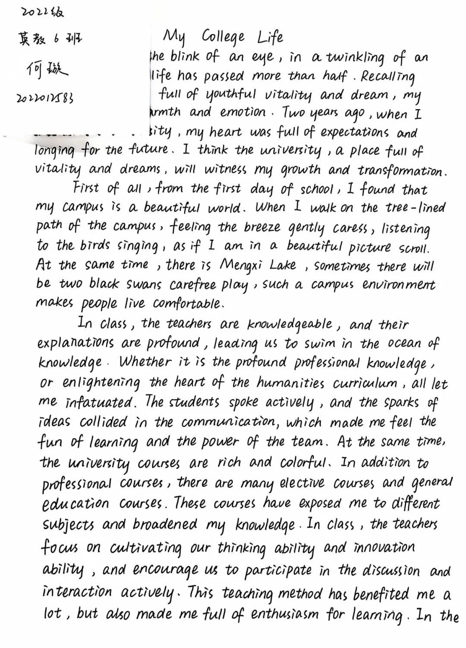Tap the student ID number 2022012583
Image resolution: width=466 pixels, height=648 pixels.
click(45, 98)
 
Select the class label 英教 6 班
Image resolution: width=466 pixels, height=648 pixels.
click(49, 39)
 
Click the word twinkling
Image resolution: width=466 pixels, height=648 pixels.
click(355, 58)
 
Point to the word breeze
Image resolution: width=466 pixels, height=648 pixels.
click(261, 227)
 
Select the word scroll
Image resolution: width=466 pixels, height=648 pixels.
click(414, 248)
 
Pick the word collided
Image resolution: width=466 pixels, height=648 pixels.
click(104, 422)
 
